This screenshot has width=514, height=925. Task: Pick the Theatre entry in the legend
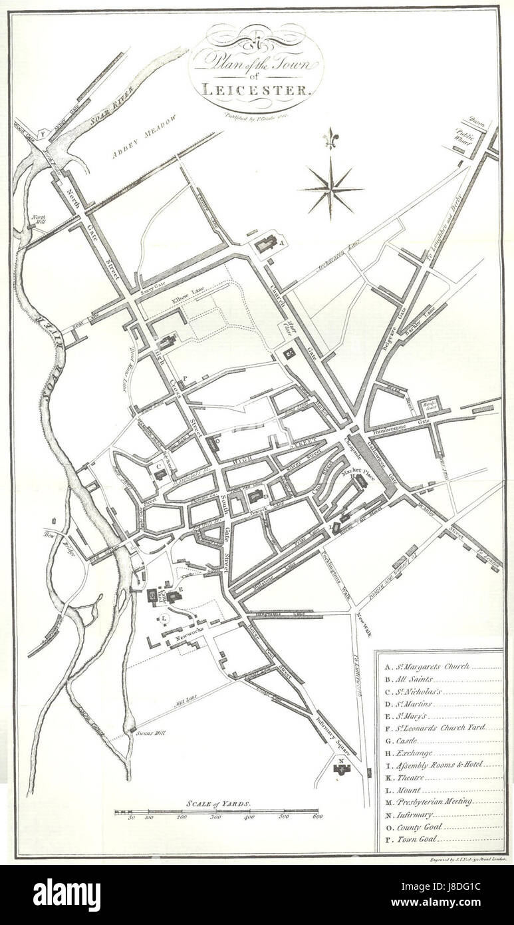[409, 778]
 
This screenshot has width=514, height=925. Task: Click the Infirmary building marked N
[342, 769]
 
